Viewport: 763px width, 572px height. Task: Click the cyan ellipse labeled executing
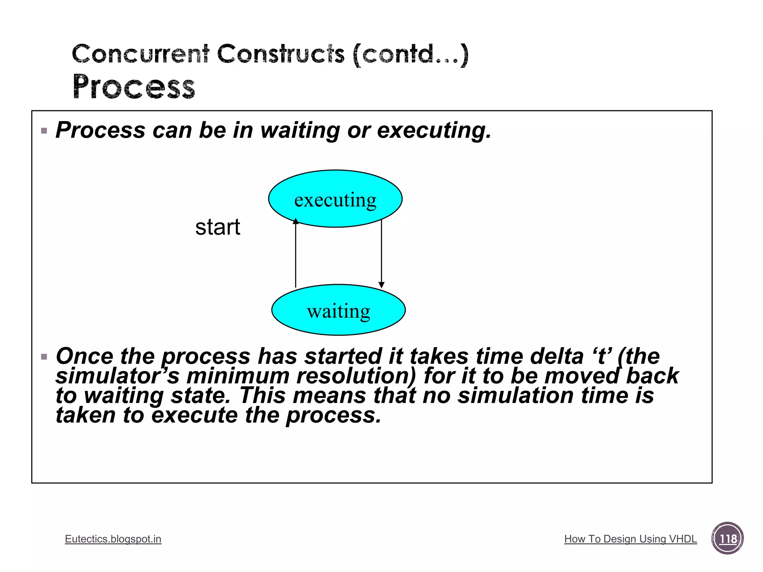tap(335, 198)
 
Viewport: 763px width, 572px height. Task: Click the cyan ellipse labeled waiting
tap(338, 310)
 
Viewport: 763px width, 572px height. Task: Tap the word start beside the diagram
tap(218, 227)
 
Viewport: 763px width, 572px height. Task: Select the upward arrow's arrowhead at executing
tap(295, 221)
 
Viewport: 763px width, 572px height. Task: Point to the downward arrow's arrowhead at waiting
tap(381, 285)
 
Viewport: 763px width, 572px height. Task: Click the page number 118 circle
tap(727, 538)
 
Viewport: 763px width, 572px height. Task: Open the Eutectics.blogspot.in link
tap(113, 539)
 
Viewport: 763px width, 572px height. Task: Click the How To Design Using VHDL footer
tap(630, 539)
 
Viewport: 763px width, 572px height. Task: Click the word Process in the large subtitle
tap(134, 87)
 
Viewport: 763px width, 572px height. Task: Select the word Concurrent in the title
tap(140, 54)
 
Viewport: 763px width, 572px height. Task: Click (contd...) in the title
tap(410, 54)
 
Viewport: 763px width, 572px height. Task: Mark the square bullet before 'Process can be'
tap(44, 131)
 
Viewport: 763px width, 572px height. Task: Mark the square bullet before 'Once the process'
tap(44, 357)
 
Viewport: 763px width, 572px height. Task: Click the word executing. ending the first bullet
tap(434, 130)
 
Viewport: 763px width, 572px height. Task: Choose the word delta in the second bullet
tap(557, 356)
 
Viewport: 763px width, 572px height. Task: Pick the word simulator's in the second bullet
tap(118, 376)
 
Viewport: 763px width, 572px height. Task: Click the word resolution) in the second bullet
tap(356, 376)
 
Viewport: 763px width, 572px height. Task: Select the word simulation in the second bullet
tap(516, 395)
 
